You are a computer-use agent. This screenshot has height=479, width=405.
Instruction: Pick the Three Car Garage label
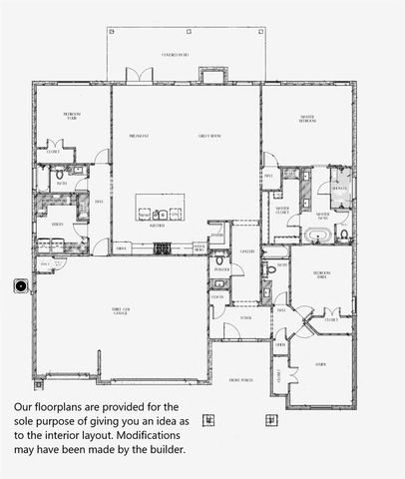[124, 311]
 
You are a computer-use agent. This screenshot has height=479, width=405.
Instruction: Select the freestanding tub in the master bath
[317, 237]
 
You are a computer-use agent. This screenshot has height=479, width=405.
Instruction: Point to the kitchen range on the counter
[163, 247]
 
